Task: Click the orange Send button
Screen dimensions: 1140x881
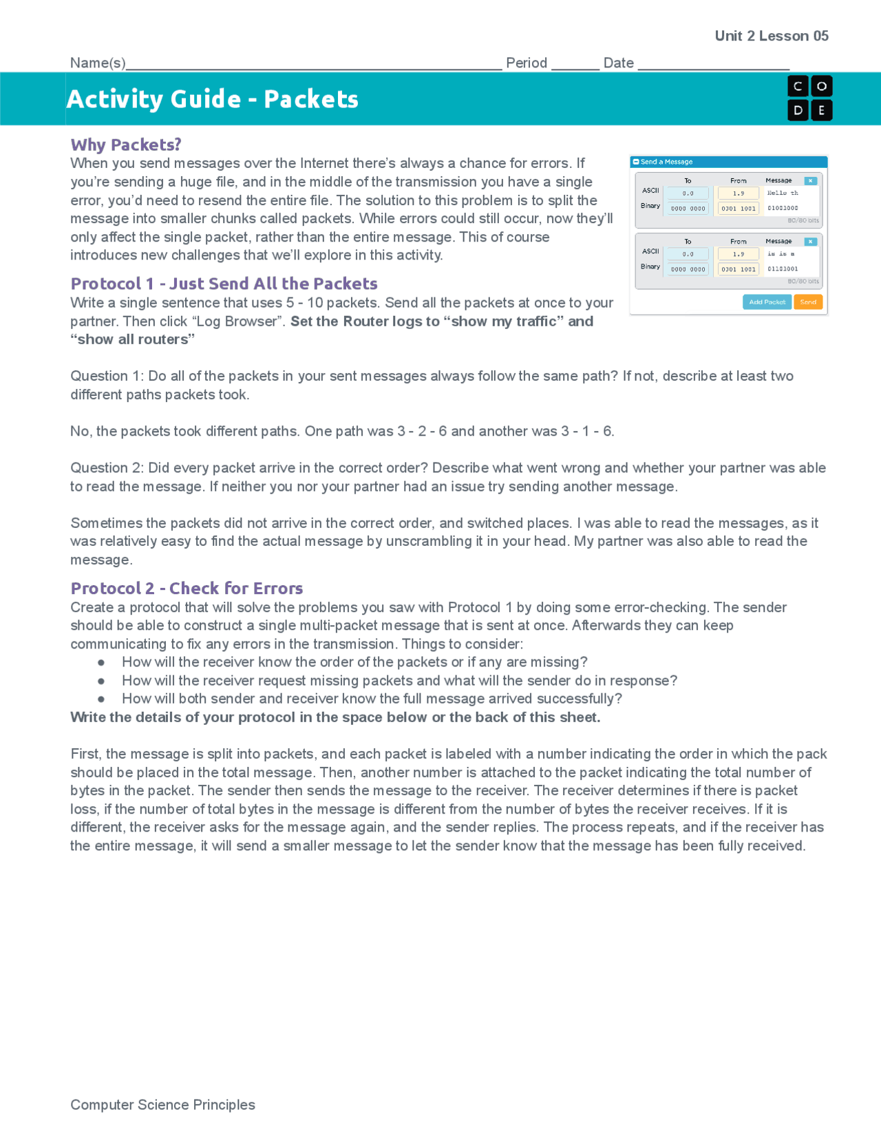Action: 808,302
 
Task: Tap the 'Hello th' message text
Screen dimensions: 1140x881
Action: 783,193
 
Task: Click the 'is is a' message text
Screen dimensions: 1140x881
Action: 781,254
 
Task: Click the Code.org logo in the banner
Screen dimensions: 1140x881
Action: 809,98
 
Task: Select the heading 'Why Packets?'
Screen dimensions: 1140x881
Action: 126,145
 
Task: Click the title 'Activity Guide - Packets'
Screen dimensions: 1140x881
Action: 213,99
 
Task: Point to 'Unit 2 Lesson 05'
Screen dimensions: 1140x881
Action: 771,36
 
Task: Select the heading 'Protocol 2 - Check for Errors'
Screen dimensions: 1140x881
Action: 187,589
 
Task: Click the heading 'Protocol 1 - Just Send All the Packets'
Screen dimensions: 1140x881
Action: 224,284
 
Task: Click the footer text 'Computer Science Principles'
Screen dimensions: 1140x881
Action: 162,1105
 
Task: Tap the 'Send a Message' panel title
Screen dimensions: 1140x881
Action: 666,162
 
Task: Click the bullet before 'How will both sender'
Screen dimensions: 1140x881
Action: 101,699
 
